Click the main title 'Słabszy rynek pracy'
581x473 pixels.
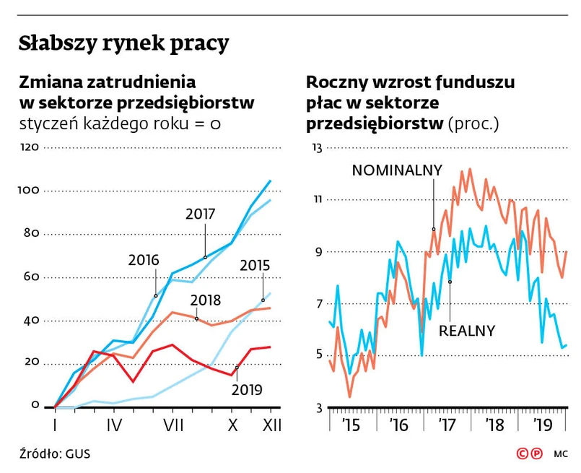coord(123,43)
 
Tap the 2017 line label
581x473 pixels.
coord(200,214)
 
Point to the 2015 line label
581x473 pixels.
coord(254,264)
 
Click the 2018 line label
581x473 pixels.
coord(206,300)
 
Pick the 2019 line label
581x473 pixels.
coord(247,390)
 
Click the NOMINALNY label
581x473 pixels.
coord(396,170)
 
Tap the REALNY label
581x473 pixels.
coord(467,331)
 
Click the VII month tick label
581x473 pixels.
coord(172,426)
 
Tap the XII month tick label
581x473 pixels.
coord(270,426)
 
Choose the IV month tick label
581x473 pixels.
coord(113,426)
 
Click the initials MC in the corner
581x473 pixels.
coord(561,455)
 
